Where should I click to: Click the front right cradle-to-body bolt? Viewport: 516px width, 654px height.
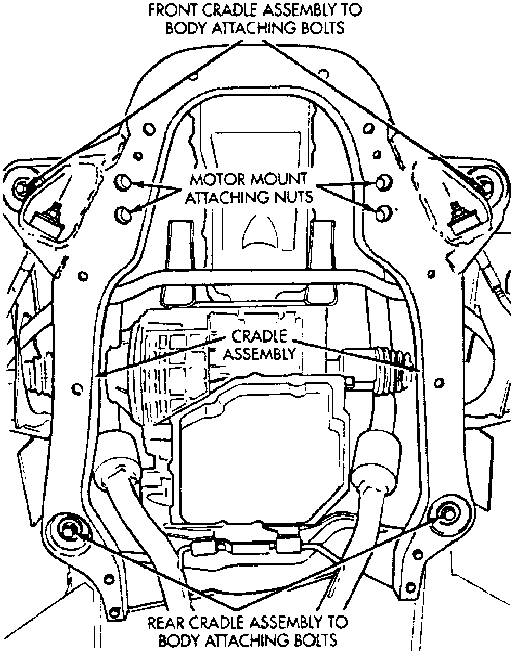(x=486, y=184)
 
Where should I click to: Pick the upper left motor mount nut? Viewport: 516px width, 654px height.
(x=123, y=182)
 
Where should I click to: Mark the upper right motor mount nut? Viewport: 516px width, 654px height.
(x=383, y=182)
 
